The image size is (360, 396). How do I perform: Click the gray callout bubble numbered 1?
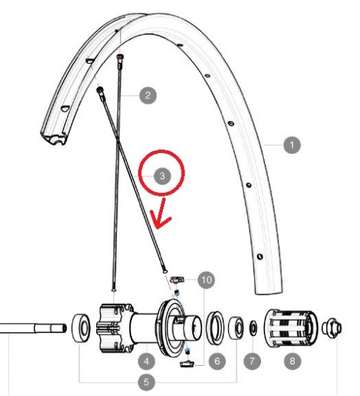[292, 145]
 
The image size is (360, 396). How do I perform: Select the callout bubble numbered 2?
[147, 95]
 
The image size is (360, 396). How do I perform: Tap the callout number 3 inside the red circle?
[162, 176]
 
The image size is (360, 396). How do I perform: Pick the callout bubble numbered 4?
[147, 361]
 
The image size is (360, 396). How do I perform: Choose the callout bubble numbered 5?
[147, 382]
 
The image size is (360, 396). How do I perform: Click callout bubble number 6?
[217, 361]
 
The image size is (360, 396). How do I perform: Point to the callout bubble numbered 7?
[252, 361]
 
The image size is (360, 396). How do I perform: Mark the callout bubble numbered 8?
[292, 361]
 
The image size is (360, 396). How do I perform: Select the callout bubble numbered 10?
[206, 279]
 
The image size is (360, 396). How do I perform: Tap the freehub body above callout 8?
[291, 328]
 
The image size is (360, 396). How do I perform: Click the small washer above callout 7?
[253, 329]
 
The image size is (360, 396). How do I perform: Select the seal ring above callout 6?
[215, 328]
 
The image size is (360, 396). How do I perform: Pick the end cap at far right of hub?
[332, 328]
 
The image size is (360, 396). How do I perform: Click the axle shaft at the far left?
[33, 328]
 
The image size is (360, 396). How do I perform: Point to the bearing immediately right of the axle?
[81, 328]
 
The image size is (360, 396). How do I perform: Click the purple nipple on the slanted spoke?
[100, 89]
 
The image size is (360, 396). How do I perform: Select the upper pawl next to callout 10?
[178, 279]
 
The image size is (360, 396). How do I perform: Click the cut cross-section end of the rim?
[54, 138]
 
